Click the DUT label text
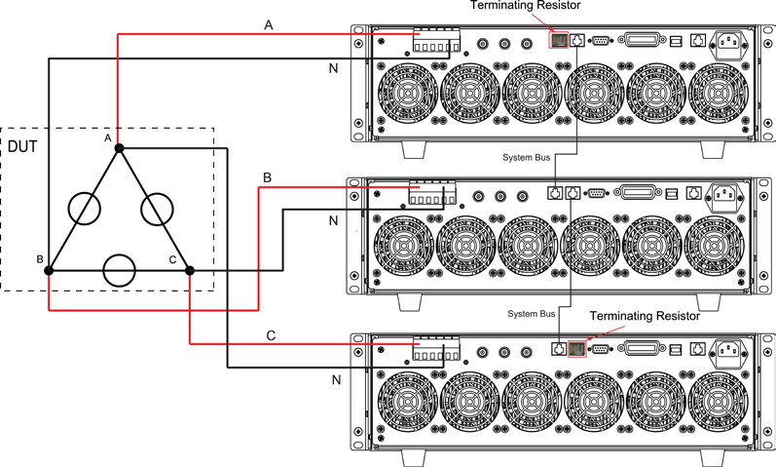click(22, 147)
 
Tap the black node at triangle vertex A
click(119, 148)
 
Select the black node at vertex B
click(49, 270)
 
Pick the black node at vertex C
click(190, 270)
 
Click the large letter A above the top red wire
click(268, 24)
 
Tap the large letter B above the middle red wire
click(267, 177)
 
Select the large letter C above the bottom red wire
click(271, 335)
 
